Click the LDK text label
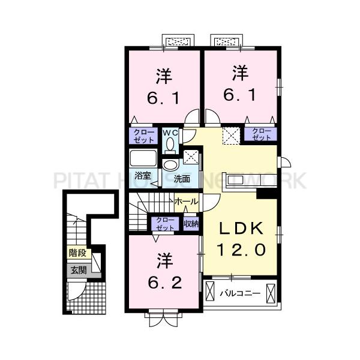coord(241,229)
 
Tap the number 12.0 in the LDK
coord(241,248)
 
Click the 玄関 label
coord(78,271)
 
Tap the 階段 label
coord(78,253)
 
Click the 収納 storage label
coord(191,224)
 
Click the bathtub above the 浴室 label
coord(143,160)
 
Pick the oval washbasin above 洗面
coord(170,164)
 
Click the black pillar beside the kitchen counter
coord(263,193)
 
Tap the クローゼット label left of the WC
coord(143,136)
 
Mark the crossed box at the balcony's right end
coord(271,293)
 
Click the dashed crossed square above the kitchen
coord(230,135)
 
